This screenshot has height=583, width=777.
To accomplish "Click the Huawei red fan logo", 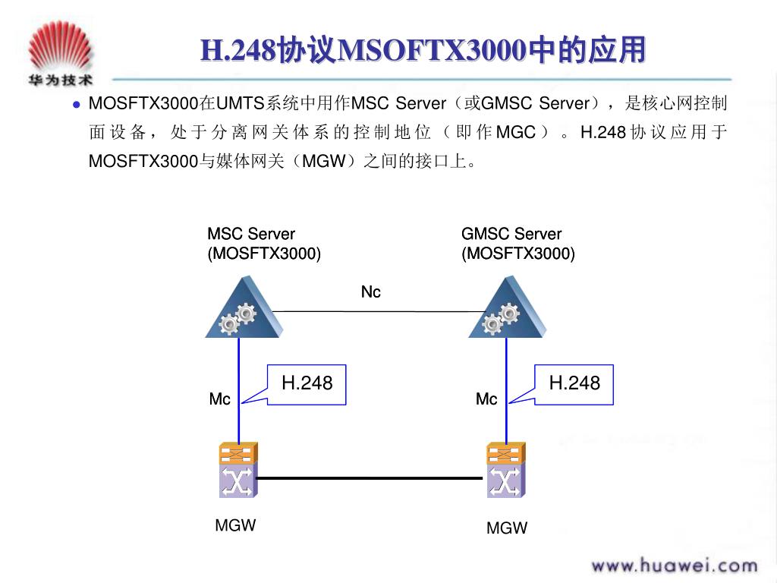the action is pos(61,46).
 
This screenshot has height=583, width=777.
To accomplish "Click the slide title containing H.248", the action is pos(423,50).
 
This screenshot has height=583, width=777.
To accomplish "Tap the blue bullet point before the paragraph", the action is pos(77,105).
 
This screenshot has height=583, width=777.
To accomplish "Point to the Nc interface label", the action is pos(370,292).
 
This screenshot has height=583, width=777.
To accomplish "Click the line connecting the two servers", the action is pos(379,311).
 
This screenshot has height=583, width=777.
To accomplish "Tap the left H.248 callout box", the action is pos(307,385).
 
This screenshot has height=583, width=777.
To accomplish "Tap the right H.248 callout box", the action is pos(574,385).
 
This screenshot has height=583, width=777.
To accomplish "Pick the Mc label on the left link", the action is pos(219,399).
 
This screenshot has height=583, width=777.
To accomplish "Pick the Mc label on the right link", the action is pos(486,399).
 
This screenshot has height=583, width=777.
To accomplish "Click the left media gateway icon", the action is pos(238,470).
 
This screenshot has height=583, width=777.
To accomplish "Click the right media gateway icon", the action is pos(506,470).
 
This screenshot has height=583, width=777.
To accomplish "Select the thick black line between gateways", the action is pos(370,478).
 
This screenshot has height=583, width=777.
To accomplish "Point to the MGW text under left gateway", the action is pos(235,525).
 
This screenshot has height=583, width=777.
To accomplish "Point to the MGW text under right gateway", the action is pos(507,528).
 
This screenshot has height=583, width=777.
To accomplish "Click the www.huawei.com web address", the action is pos(675,566).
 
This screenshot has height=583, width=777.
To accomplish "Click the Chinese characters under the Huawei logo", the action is pos(61,80).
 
